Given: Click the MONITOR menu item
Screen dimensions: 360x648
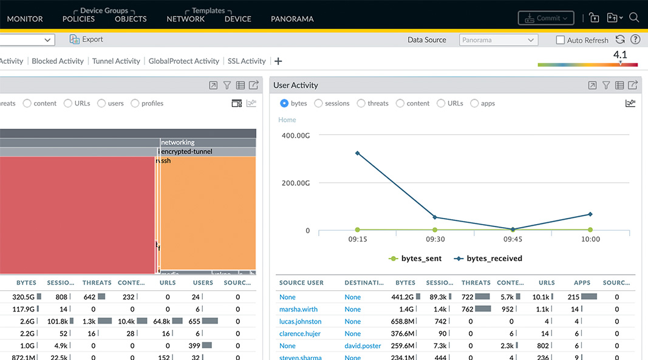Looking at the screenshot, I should (24, 19).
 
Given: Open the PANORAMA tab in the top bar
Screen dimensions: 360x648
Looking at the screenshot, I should (292, 19).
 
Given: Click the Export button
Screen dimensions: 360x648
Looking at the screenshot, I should (86, 39).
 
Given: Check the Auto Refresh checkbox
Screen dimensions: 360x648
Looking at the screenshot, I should (561, 40).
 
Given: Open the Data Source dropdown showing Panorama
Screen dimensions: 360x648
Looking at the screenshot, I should (499, 40).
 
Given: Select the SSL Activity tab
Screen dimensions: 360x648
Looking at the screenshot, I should (247, 61).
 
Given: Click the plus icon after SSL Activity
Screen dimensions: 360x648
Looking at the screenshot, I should (278, 61).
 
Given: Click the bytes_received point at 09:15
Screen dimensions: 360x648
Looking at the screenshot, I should (358, 153).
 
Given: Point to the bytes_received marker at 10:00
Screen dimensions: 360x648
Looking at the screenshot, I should (590, 214).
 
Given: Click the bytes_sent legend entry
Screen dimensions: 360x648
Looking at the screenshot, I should (415, 259).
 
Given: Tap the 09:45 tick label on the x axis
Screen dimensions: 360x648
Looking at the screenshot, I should (512, 239).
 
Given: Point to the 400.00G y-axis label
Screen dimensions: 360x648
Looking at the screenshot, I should (296, 135).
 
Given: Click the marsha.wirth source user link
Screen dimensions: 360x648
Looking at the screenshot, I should (298, 310).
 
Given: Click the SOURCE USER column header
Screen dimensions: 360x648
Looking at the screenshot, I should (301, 283).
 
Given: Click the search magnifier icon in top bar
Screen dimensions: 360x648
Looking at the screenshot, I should (634, 18).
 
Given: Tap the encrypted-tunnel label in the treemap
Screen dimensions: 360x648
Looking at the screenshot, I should (186, 152).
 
